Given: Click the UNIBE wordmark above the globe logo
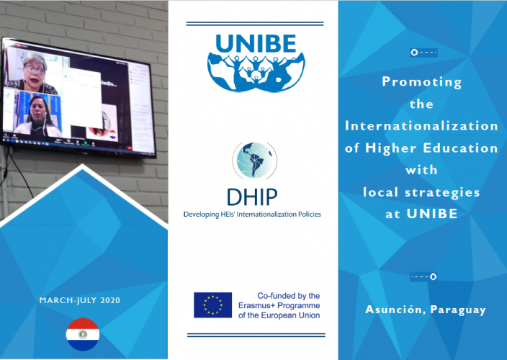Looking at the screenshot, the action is click(x=256, y=43).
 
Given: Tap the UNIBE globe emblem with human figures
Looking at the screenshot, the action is click(x=256, y=73).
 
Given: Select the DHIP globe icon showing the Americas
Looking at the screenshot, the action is click(x=255, y=161).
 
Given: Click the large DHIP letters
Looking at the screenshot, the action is click(x=252, y=197).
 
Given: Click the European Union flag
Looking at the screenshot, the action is click(x=212, y=305).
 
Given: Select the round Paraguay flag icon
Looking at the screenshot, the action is click(x=83, y=334).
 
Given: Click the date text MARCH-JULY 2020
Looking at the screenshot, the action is click(x=79, y=300).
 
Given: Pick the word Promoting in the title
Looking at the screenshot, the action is click(x=421, y=82).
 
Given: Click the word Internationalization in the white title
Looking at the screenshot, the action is click(x=421, y=126).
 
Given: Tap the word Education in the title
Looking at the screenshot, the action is click(x=460, y=148).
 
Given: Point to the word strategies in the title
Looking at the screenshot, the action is click(x=442, y=193).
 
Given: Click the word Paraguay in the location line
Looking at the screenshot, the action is click(x=458, y=310).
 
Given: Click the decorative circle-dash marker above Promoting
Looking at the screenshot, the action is click(x=423, y=53).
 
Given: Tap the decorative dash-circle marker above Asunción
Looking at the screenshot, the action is click(x=423, y=276).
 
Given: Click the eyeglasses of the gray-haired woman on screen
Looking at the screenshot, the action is click(x=35, y=70).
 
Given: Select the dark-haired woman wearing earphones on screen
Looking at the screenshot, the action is click(x=38, y=117).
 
